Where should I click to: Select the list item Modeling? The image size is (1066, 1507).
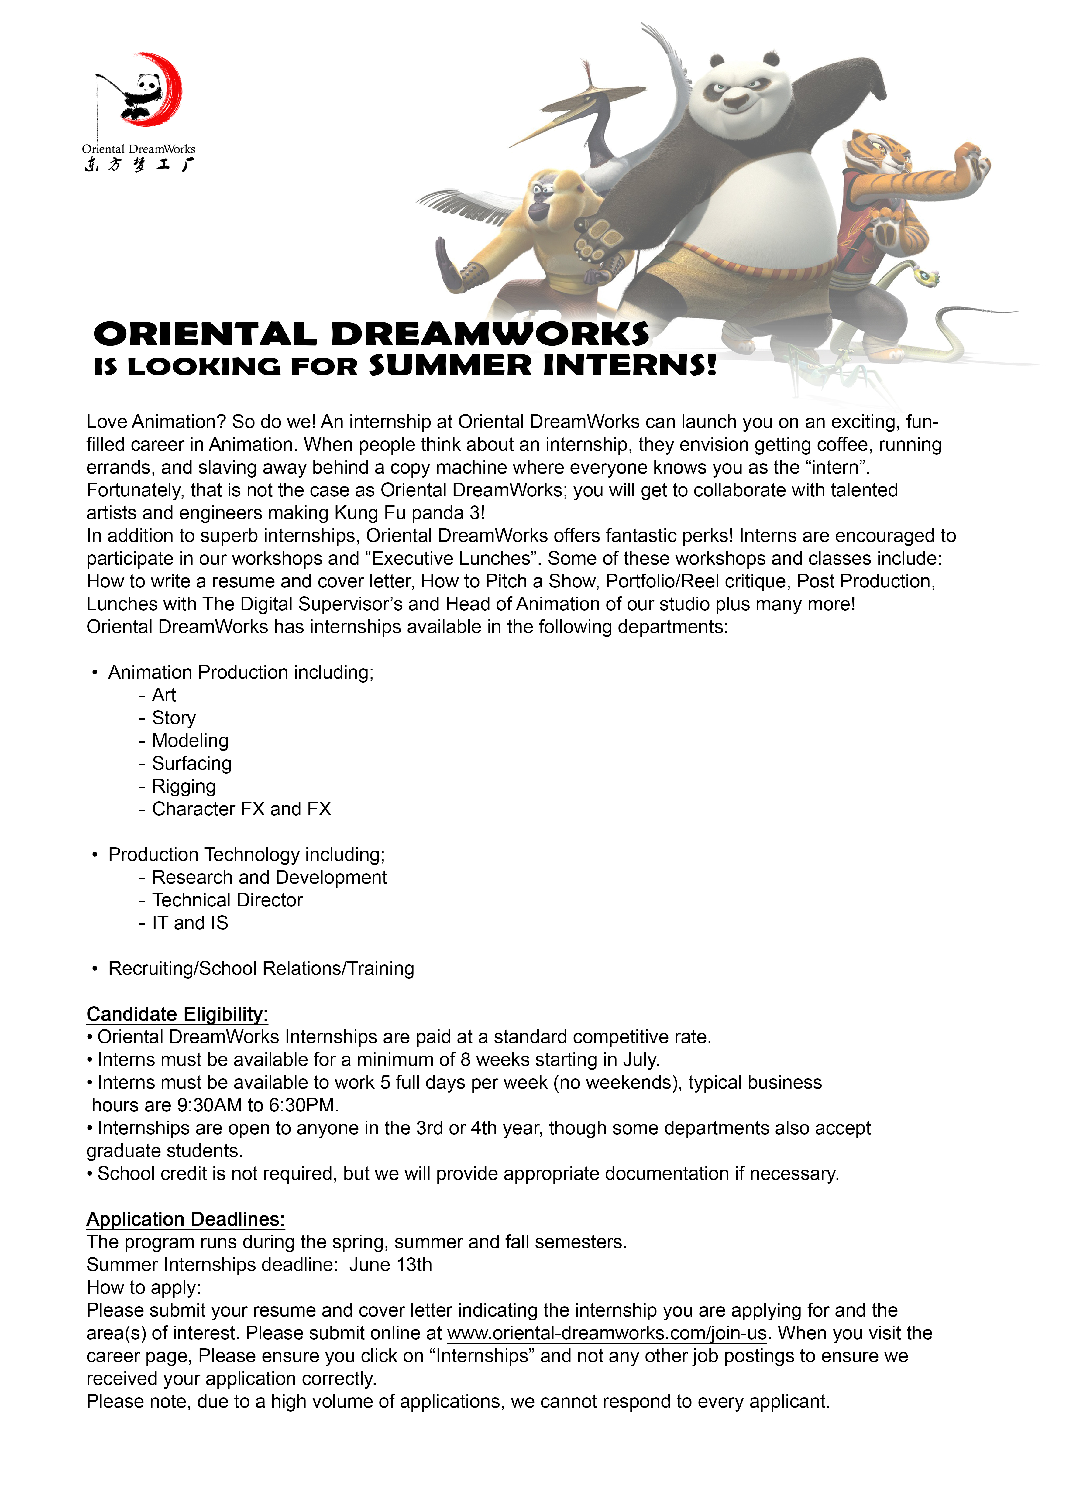[x=190, y=740]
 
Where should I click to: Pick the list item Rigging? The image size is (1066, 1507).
[x=184, y=786]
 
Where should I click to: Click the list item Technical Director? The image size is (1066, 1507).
[x=227, y=900]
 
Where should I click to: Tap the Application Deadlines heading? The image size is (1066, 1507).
[x=186, y=1219]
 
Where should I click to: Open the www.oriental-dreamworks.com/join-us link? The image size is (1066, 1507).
[x=607, y=1333]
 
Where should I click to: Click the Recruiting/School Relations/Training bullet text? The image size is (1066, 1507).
[x=261, y=968]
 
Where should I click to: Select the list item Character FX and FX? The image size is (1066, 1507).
[x=242, y=809]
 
